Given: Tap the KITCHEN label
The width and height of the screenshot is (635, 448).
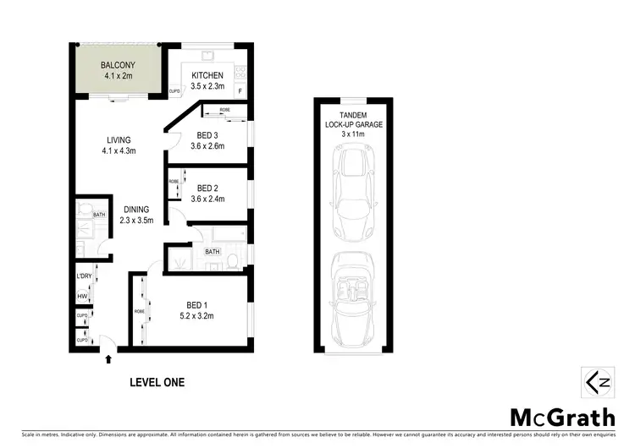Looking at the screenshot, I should [206, 75].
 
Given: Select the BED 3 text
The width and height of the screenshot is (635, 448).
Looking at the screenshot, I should [208, 135].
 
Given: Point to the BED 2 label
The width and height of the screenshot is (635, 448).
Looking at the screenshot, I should [208, 188].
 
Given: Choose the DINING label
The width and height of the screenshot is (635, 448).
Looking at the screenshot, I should [135, 210].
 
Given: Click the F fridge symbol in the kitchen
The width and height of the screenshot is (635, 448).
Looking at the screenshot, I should [240, 90].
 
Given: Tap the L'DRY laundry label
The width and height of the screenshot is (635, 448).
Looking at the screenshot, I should [84, 276].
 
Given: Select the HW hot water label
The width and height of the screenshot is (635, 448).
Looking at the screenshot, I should [82, 296].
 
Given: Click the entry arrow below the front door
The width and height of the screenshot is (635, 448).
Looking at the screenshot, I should [108, 358].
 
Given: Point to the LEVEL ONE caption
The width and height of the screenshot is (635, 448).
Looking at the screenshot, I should [157, 382].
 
